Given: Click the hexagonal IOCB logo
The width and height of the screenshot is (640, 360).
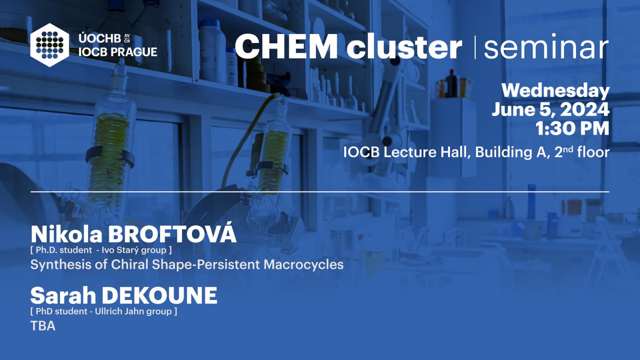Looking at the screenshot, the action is (x=50, y=45).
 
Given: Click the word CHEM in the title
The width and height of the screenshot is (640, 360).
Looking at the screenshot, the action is (x=286, y=46).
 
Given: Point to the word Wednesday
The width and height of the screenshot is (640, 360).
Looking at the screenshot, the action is (x=556, y=91).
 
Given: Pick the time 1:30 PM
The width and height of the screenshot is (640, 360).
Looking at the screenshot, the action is (x=572, y=128).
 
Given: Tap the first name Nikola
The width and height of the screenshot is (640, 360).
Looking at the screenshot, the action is (x=66, y=234).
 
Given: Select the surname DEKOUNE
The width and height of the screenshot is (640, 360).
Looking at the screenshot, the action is (x=160, y=296).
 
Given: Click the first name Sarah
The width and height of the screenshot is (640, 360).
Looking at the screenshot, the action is (x=63, y=296).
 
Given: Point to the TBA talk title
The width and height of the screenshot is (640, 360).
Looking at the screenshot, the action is (x=43, y=326).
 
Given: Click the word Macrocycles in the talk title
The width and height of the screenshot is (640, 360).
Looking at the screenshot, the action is (x=304, y=264).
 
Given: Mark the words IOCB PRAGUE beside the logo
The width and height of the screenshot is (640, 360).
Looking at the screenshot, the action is (x=118, y=52).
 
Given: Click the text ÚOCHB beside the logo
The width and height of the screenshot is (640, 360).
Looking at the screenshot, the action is (x=100, y=38).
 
